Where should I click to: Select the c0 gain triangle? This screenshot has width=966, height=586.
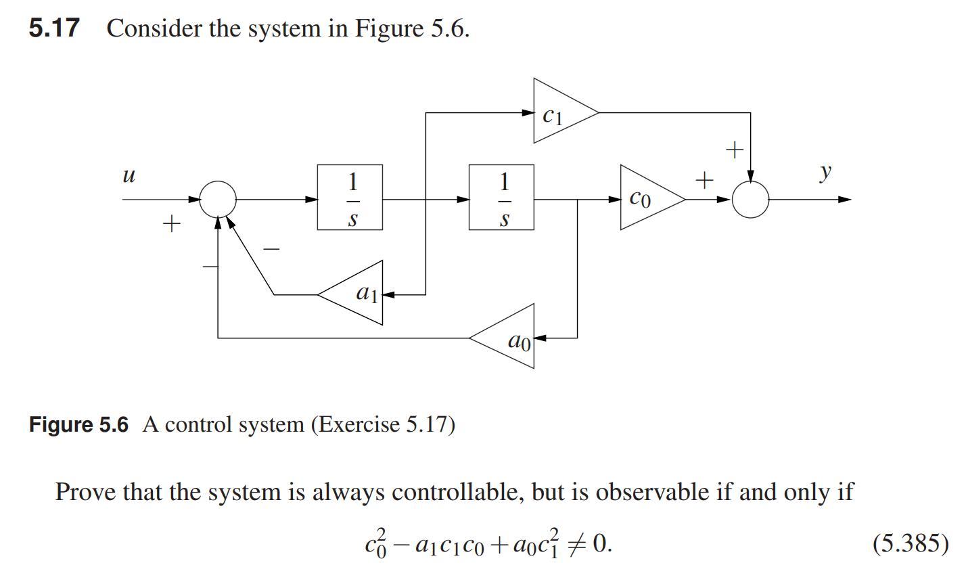[x=647, y=198]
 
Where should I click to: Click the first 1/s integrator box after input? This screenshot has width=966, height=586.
[x=350, y=198]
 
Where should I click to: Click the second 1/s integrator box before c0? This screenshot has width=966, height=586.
[x=501, y=198]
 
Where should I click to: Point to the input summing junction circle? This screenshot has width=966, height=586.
[x=218, y=199]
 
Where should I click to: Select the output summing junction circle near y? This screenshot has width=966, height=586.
[x=750, y=200]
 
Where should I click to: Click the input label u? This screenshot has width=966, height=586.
[x=129, y=175]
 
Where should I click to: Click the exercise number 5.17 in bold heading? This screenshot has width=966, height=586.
[x=54, y=28]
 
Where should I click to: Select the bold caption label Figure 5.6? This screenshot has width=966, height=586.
[x=78, y=425]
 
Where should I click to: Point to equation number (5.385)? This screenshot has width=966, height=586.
[x=910, y=543]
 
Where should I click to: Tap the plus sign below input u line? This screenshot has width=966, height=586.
[x=172, y=223]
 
